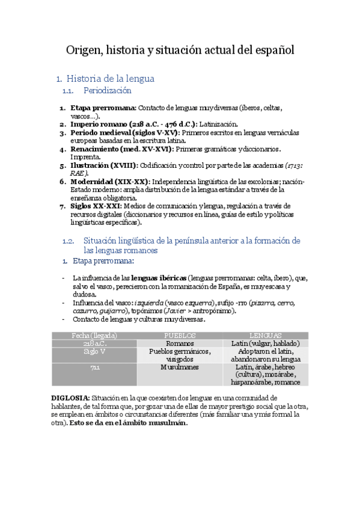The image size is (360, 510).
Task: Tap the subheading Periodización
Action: pyautogui.click(x=107, y=91)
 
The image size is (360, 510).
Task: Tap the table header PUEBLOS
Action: pyautogui.click(x=180, y=335)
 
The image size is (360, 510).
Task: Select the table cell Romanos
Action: pyautogui.click(x=180, y=343)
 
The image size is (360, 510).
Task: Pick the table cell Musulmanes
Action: pyautogui.click(x=180, y=367)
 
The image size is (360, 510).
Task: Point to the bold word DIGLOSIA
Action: pyautogui.click(x=70, y=398)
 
